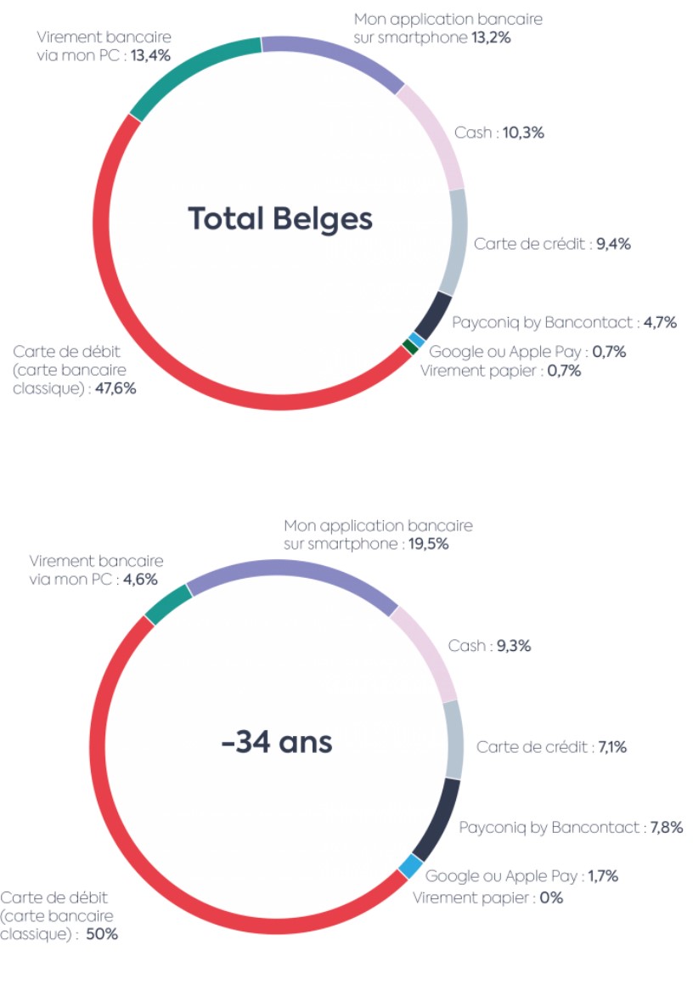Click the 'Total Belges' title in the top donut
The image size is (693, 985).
279,218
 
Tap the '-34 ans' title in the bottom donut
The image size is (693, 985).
277,743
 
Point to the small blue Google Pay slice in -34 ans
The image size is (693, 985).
409,867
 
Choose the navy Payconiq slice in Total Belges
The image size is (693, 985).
435,314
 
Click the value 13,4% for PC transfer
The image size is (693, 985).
150,56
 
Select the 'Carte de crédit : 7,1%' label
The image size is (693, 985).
552,747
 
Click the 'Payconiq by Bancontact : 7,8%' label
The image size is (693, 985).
571,827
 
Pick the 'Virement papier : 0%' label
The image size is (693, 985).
487,897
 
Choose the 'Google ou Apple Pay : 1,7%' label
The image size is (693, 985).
521,876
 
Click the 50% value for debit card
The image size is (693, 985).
102,935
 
